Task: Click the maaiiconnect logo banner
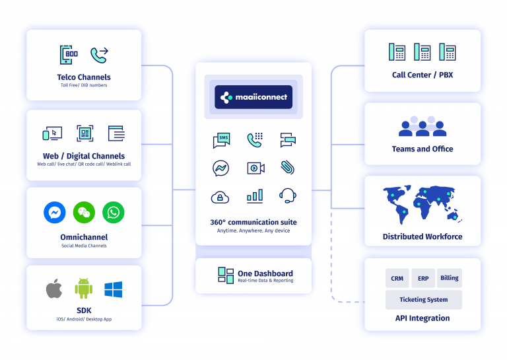(253, 97)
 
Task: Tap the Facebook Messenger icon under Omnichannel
(55, 212)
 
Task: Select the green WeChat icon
(84, 212)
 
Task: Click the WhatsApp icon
(114, 212)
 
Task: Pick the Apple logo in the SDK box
(53, 289)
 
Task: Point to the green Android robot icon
(83, 289)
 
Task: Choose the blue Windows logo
(114, 289)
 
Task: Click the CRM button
(397, 278)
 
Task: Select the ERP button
(423, 278)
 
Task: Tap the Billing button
(450, 278)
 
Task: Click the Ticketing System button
(423, 299)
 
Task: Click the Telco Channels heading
(84, 77)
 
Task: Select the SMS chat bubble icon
(221, 140)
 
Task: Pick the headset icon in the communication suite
(287, 196)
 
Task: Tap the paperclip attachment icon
(287, 167)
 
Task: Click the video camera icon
(255, 168)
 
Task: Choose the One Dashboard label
(265, 273)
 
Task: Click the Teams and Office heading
(422, 149)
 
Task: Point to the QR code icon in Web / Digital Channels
(84, 133)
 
